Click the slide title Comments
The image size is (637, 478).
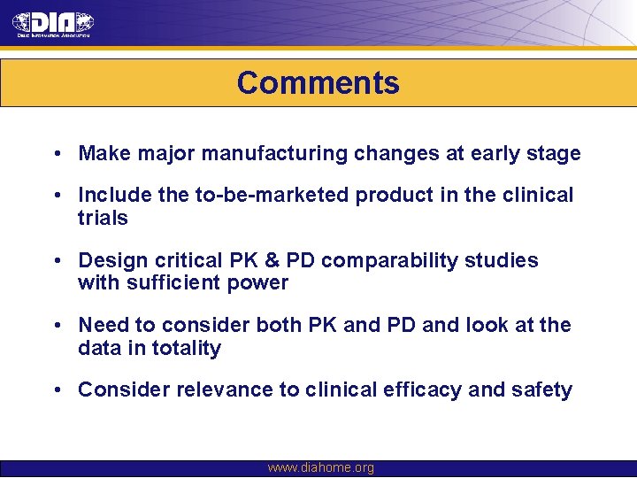318,83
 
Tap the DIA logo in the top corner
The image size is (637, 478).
53,24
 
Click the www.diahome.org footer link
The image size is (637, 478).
320,467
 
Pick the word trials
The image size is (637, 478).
103,218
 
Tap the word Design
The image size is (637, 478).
111,260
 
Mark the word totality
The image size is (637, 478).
186,348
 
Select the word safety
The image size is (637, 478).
542,389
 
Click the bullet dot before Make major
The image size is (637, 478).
56,154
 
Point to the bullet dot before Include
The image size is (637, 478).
56,195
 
